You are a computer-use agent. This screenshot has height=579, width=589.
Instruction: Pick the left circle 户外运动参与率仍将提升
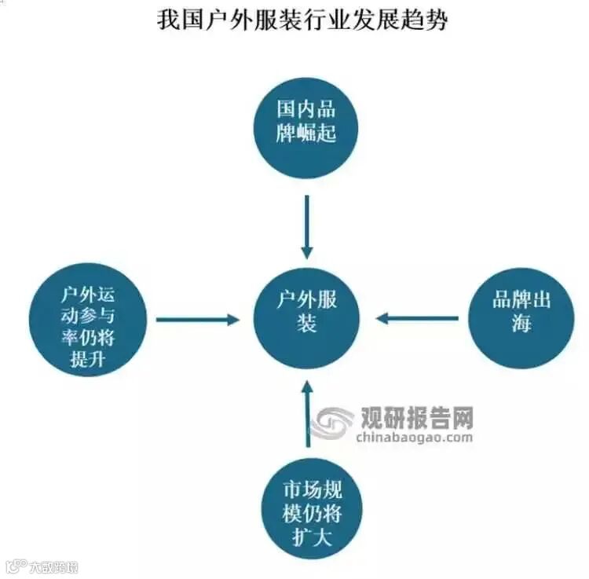(88, 319)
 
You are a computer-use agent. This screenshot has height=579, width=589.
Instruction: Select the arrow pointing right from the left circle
(196, 320)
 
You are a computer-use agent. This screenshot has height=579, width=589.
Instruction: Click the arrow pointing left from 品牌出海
(417, 318)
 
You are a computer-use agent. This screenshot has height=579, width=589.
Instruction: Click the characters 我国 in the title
(181, 19)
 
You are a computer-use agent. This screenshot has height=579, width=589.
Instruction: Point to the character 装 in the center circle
(306, 324)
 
